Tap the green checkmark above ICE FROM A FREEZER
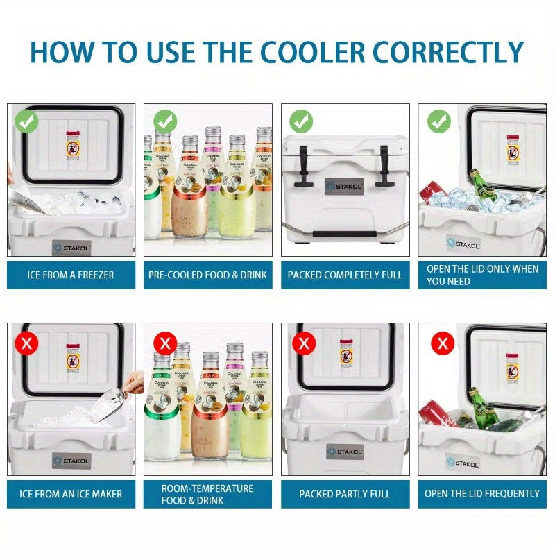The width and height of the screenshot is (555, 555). pyautogui.click(x=27, y=123)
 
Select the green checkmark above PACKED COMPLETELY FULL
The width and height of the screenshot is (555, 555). pyautogui.click(x=301, y=121)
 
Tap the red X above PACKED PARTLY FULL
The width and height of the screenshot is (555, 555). pyautogui.click(x=304, y=342)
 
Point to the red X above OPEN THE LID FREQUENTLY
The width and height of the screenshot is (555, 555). pyautogui.click(x=442, y=342)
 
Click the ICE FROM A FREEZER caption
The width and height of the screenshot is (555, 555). pyautogui.click(x=71, y=275)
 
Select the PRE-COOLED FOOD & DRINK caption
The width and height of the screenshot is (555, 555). pyautogui.click(x=207, y=275)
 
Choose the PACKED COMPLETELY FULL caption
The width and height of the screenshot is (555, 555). pyautogui.click(x=345, y=275)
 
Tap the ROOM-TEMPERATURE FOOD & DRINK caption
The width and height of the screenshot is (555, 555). pyautogui.click(x=207, y=494)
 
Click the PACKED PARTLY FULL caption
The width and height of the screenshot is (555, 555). pyautogui.click(x=345, y=494)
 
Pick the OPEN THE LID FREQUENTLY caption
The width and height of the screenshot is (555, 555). pyautogui.click(x=482, y=494)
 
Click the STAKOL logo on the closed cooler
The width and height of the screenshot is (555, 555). pyautogui.click(x=344, y=187)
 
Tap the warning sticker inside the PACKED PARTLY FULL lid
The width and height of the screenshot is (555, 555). pyautogui.click(x=344, y=354)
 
